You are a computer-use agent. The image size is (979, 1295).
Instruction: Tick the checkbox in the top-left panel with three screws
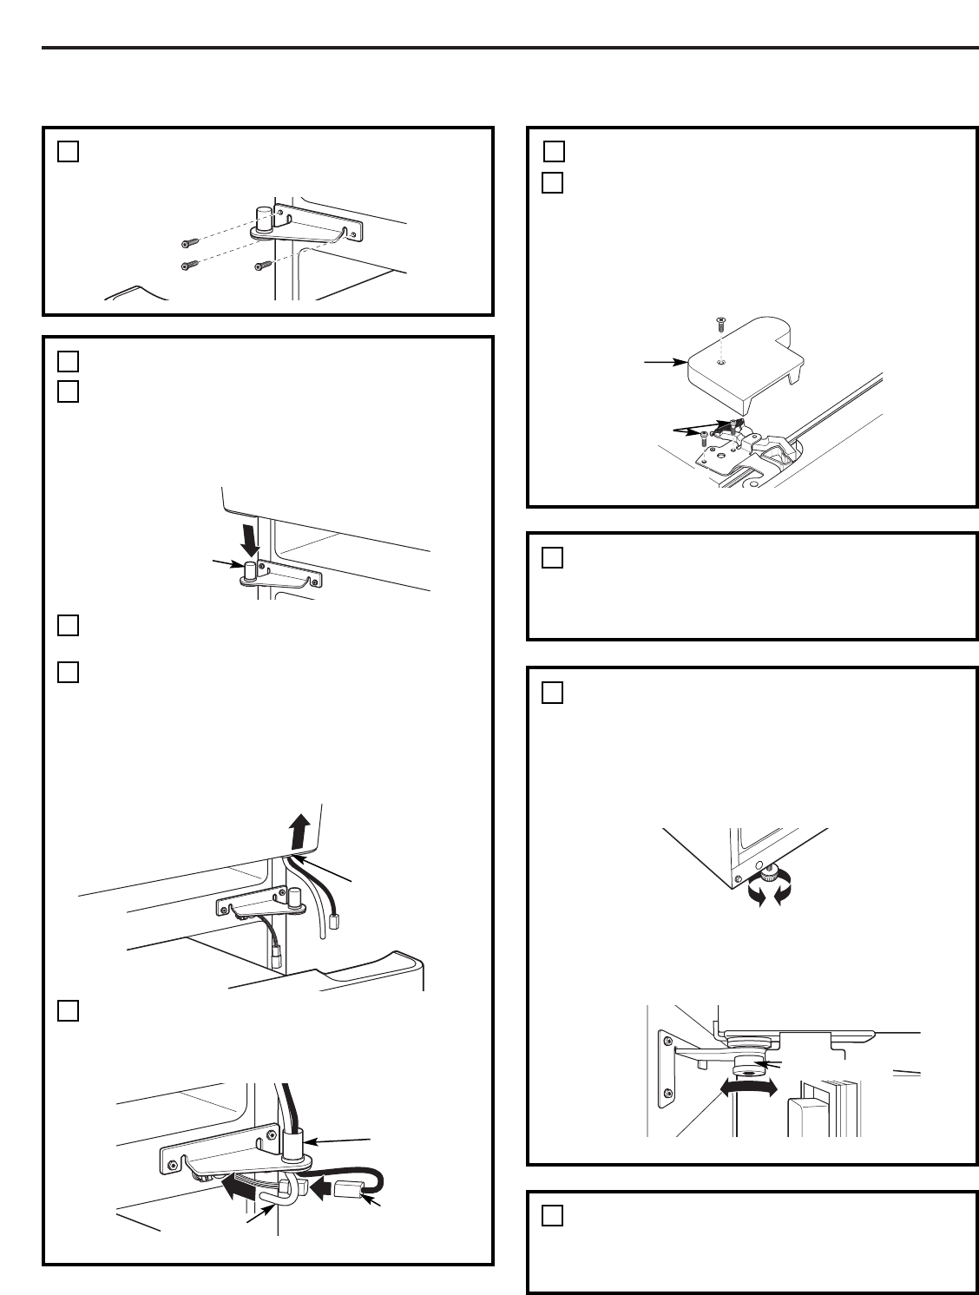(69, 151)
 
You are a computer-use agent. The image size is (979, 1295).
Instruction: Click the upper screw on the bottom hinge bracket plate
(667, 1037)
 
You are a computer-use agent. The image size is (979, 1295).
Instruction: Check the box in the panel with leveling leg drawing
(552, 693)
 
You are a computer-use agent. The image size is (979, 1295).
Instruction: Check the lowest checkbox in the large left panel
(69, 1010)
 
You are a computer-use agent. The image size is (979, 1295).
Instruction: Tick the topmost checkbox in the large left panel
(69, 361)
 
